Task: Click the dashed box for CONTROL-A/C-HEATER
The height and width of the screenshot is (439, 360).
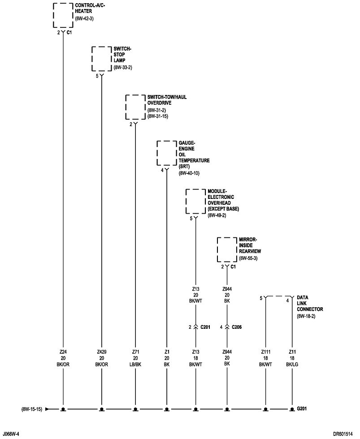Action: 63,16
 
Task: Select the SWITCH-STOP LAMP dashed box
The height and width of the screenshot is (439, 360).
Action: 101,58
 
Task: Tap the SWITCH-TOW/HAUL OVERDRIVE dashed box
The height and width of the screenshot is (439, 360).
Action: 135,107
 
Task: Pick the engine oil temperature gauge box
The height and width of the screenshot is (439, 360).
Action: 166,153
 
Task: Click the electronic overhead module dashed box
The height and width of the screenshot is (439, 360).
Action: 195,201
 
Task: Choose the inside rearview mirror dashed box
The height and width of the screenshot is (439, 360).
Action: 227,250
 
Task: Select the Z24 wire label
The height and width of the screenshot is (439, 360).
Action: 63,352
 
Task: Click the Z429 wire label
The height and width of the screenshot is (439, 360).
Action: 102,352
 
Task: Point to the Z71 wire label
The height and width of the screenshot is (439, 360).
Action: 135,352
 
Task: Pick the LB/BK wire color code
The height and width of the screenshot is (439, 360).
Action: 135,365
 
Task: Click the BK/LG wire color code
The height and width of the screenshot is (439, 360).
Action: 292,365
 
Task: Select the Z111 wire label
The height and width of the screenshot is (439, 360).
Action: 265,352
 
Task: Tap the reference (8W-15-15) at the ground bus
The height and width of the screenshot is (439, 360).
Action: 31,409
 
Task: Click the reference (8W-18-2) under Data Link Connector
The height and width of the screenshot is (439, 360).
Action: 307,316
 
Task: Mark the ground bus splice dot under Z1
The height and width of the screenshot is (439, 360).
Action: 167,409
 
